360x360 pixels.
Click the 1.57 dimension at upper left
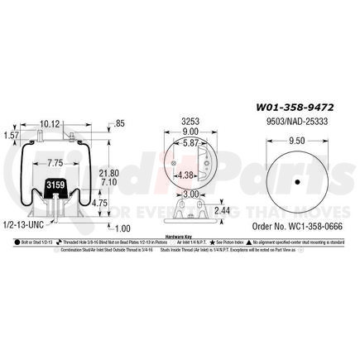point(11,135)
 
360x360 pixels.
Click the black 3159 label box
point(54,185)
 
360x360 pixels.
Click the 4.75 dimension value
point(98,202)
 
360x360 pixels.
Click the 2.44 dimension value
point(221,211)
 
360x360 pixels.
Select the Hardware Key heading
point(180,235)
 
